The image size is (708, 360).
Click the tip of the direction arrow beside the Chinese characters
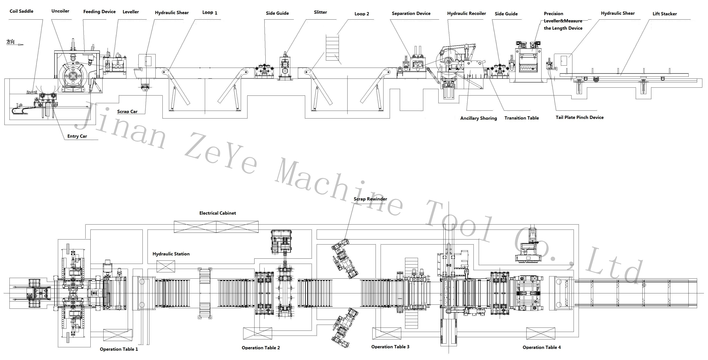coord(24,45)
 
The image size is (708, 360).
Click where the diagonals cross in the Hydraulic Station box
coord(165,266)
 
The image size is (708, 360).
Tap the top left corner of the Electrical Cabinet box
coord(174,221)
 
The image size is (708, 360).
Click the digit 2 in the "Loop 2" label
coord(368,14)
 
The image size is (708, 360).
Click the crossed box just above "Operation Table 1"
coord(118,335)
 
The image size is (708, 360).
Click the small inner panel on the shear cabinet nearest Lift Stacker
coord(564,61)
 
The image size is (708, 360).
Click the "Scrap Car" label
coord(127,111)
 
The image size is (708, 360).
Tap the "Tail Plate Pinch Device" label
coord(580,118)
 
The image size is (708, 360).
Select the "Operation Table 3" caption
coord(390,347)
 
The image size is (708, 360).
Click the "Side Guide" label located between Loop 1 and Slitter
coord(277,13)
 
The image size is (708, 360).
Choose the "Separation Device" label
coord(411,14)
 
